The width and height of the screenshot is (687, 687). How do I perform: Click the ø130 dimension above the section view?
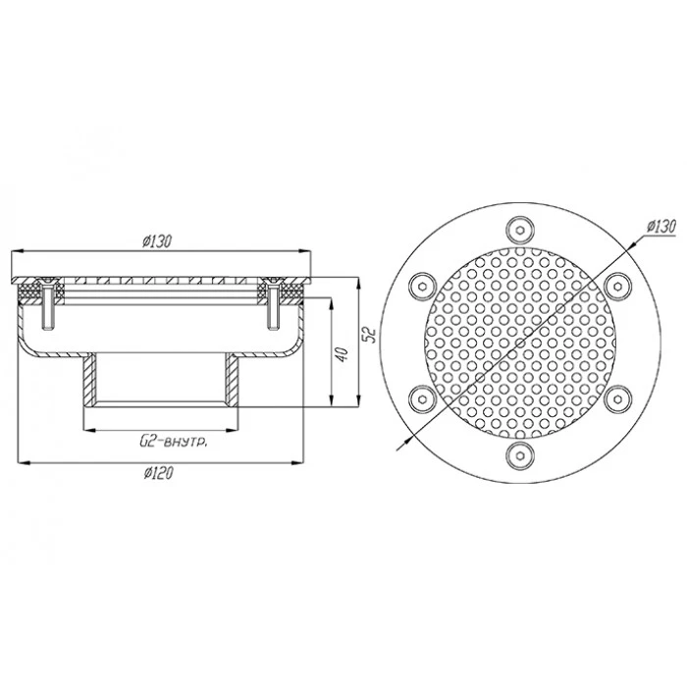click(x=157, y=241)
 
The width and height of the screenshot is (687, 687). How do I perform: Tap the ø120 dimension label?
click(x=159, y=473)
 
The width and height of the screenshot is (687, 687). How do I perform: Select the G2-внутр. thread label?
click(x=174, y=443)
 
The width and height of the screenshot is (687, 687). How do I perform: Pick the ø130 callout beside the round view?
click(x=661, y=227)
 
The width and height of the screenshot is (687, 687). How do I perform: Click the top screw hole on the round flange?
click(x=520, y=230)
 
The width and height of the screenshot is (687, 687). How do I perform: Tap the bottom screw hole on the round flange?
click(x=520, y=455)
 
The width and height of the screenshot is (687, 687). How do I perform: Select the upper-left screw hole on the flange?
click(x=422, y=287)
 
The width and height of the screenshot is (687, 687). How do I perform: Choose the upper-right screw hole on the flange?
click(x=617, y=287)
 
